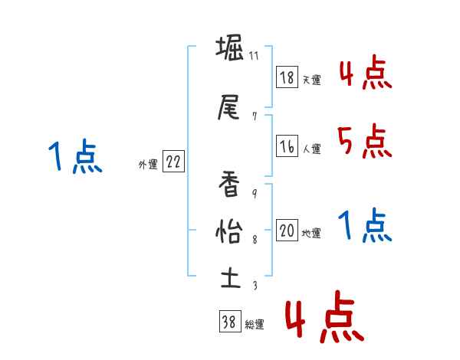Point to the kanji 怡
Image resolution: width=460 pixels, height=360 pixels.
229,230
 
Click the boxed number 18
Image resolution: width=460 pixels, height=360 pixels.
287,77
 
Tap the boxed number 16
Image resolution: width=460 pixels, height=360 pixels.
287,146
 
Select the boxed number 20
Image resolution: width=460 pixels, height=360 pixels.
287,231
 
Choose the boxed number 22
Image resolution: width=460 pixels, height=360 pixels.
173,162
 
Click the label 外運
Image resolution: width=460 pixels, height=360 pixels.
147,164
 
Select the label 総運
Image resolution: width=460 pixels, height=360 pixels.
255,325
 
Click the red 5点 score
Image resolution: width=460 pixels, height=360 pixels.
364,140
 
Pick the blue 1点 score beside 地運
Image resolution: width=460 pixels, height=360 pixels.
364,225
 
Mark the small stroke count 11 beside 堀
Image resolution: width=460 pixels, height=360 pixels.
254,56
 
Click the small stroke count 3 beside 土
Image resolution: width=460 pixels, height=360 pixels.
254,285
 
